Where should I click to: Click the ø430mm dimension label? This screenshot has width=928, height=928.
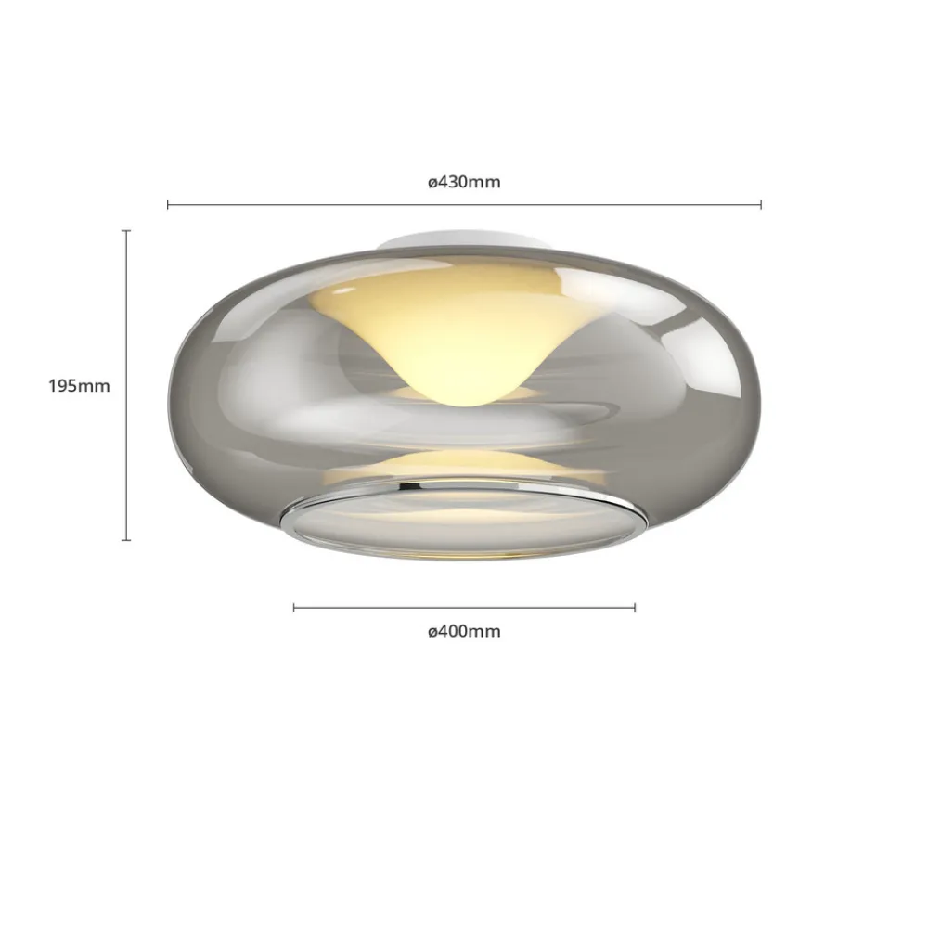pos(464,182)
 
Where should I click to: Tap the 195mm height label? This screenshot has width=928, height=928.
pos(79,386)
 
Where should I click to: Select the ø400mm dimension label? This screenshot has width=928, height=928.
pos(464,632)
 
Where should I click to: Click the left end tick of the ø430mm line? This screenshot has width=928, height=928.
pos(168,204)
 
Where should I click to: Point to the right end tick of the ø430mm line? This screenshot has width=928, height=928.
pos(761,204)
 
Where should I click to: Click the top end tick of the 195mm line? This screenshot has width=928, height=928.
pos(126,231)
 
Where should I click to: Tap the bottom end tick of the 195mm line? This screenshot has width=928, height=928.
pos(126,539)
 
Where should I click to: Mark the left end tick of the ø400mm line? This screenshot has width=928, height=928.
pos(294,608)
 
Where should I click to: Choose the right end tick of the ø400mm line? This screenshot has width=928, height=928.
pos(635,608)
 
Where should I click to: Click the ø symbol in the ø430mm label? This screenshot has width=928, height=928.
pos(432,183)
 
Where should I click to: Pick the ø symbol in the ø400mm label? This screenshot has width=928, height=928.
pos(432,633)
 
